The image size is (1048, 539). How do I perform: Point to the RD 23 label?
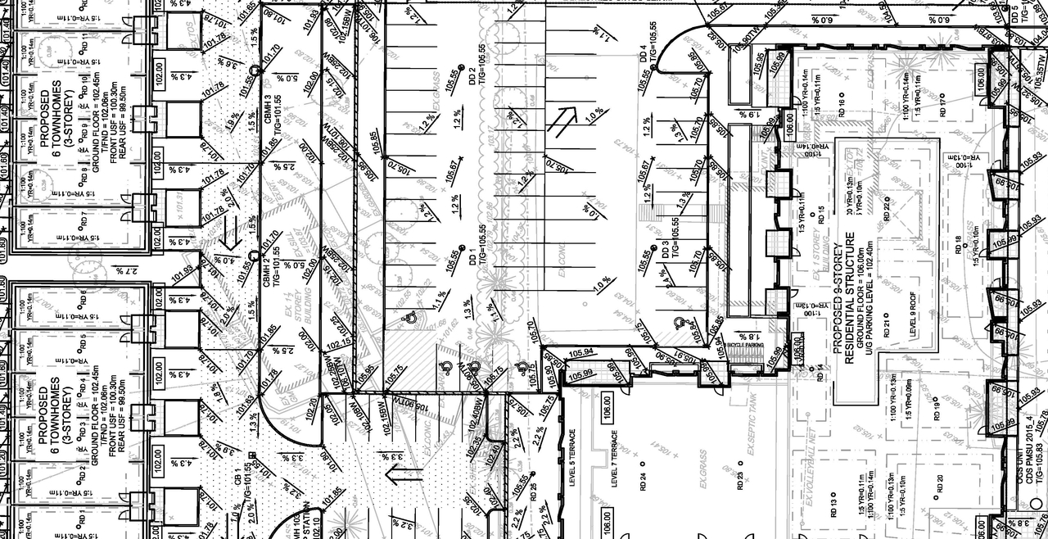[x=740, y=480]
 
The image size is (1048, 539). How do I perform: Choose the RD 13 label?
[x=833, y=508]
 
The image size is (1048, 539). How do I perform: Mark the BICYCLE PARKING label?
[x=745, y=346]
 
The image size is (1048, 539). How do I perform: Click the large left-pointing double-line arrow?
[x=404, y=472]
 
